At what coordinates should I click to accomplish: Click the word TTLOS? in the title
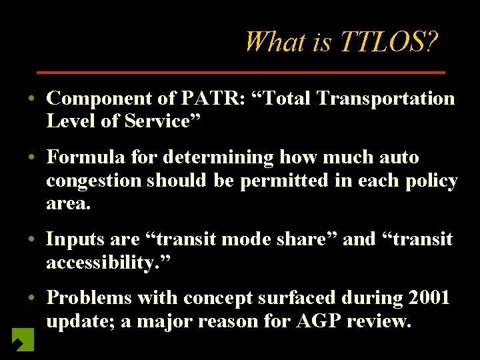(389, 42)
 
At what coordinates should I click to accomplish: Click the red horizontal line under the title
(240, 71)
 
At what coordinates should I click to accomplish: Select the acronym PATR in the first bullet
(204, 99)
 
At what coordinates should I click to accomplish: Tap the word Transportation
(386, 99)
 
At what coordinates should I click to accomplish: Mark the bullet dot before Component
(32, 99)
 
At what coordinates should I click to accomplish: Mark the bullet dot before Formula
(32, 159)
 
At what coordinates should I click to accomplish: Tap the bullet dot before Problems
(32, 298)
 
